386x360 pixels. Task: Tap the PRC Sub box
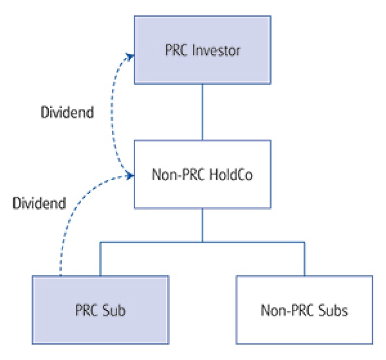100,309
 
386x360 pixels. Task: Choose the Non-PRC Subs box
304,309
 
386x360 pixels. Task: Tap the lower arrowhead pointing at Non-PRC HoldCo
129,175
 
